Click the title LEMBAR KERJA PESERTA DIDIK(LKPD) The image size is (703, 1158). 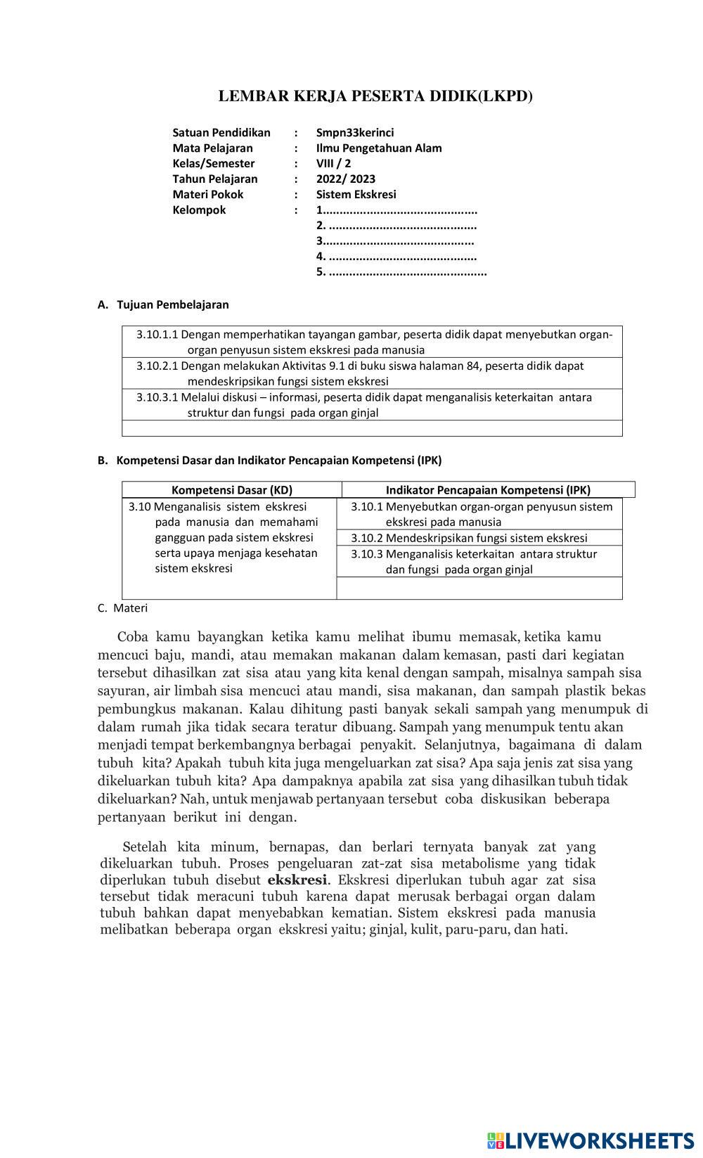[x=375, y=96]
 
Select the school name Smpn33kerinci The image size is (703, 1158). [x=354, y=132]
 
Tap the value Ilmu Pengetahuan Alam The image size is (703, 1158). [x=378, y=148]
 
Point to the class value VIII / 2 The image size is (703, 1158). [x=333, y=163]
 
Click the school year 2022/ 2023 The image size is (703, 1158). [x=345, y=179]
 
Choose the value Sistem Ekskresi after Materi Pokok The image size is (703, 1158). [x=356, y=194]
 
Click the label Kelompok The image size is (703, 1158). [x=199, y=210]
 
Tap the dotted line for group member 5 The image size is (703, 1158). [x=407, y=272]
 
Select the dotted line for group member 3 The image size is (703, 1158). [x=398, y=241]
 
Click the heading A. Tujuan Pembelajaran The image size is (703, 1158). [x=163, y=304]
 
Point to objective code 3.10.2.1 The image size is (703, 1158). [x=157, y=366]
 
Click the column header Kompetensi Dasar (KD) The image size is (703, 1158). [x=231, y=490]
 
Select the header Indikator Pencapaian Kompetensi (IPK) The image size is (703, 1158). [x=488, y=490]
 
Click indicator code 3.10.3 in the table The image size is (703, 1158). [x=366, y=554]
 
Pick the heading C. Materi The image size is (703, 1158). [x=123, y=607]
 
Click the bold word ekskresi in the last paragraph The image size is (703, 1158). [x=297, y=880]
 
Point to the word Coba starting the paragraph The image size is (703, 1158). [x=132, y=637]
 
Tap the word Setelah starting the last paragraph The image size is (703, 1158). [x=145, y=847]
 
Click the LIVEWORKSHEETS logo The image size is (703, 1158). [x=590, y=1140]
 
